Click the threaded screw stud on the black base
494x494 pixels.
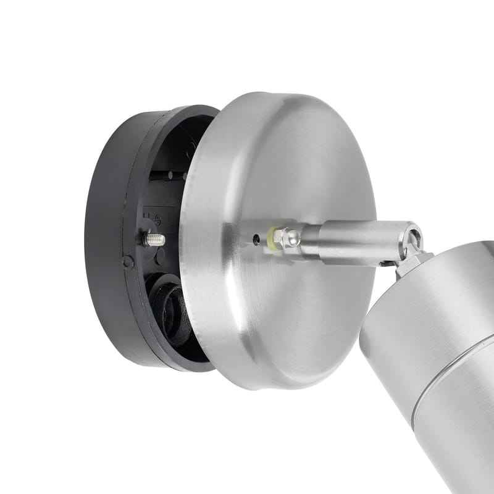[154, 240]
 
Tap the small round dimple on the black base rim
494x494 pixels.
[128, 262]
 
